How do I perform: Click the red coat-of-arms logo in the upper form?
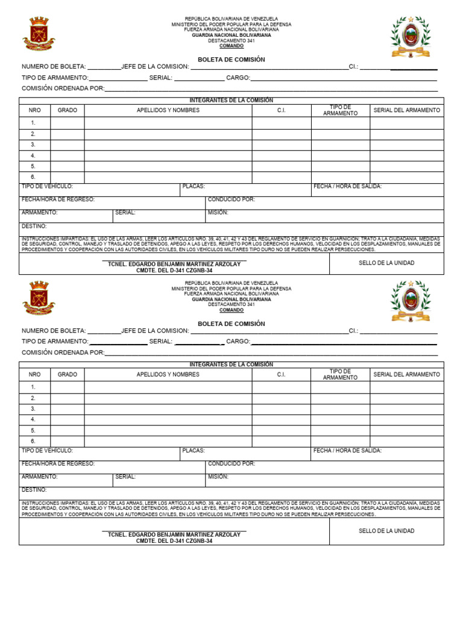(x=39, y=34)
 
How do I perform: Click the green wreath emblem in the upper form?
(x=411, y=36)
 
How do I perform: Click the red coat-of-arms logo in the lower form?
(x=39, y=298)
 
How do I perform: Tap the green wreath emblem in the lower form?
(x=411, y=300)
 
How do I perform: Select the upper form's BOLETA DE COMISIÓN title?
(x=231, y=60)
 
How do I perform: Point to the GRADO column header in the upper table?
(x=68, y=110)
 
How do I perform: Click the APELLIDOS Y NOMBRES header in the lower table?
(x=168, y=374)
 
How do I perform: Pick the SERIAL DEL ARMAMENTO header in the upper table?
(x=407, y=110)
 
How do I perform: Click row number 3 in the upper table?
(x=33, y=145)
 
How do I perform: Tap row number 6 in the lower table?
(x=33, y=441)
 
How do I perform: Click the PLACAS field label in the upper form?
(x=194, y=187)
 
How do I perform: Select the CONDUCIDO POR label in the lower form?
(x=231, y=463)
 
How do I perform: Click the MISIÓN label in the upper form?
(x=218, y=212)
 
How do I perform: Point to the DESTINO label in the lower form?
(x=34, y=490)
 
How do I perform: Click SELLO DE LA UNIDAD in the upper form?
(x=386, y=263)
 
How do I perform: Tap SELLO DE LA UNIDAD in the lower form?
(x=386, y=531)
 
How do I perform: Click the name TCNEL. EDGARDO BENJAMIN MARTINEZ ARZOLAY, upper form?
(x=174, y=264)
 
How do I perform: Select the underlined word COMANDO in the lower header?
(x=231, y=310)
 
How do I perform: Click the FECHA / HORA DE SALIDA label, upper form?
(x=347, y=187)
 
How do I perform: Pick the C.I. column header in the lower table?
(x=281, y=374)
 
